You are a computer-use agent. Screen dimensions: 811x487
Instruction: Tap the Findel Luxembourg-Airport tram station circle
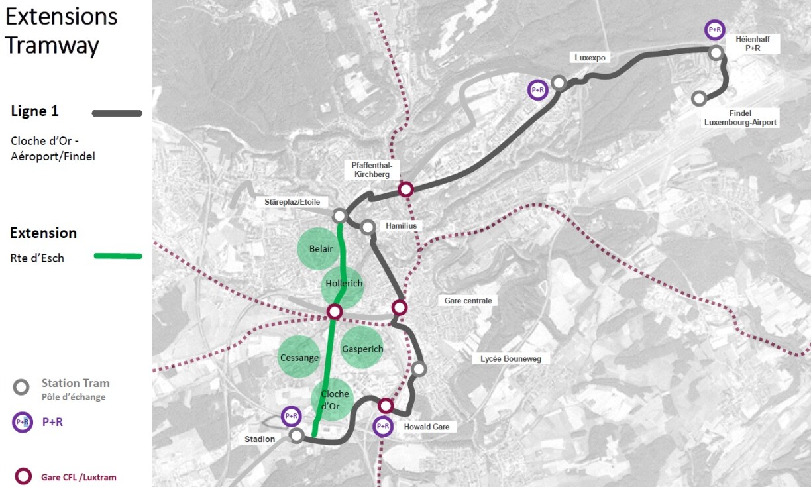698,99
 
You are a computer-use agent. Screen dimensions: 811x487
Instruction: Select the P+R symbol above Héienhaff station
715,30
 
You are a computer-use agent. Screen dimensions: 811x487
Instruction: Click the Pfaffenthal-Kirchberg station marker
406,189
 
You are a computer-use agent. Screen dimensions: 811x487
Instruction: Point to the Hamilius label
401,226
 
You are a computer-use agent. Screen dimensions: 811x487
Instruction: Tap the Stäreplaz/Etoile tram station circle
339,216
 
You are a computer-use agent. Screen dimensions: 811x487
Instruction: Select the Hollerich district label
344,284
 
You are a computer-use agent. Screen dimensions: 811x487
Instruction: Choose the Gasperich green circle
362,349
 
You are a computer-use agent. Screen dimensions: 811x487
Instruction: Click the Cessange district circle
299,357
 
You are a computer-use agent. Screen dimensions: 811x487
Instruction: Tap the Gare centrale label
468,301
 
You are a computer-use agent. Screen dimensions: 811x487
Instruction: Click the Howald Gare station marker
386,406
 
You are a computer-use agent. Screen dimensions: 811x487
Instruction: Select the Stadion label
259,439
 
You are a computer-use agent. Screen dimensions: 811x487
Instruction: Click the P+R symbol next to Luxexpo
537,90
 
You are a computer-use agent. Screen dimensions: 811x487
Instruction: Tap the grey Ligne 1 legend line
117,113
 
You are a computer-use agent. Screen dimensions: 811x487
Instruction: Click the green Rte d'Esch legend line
118,256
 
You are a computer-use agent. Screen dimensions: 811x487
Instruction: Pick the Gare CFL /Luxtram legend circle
24,476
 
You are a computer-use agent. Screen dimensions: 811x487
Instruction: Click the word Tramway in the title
52,45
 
